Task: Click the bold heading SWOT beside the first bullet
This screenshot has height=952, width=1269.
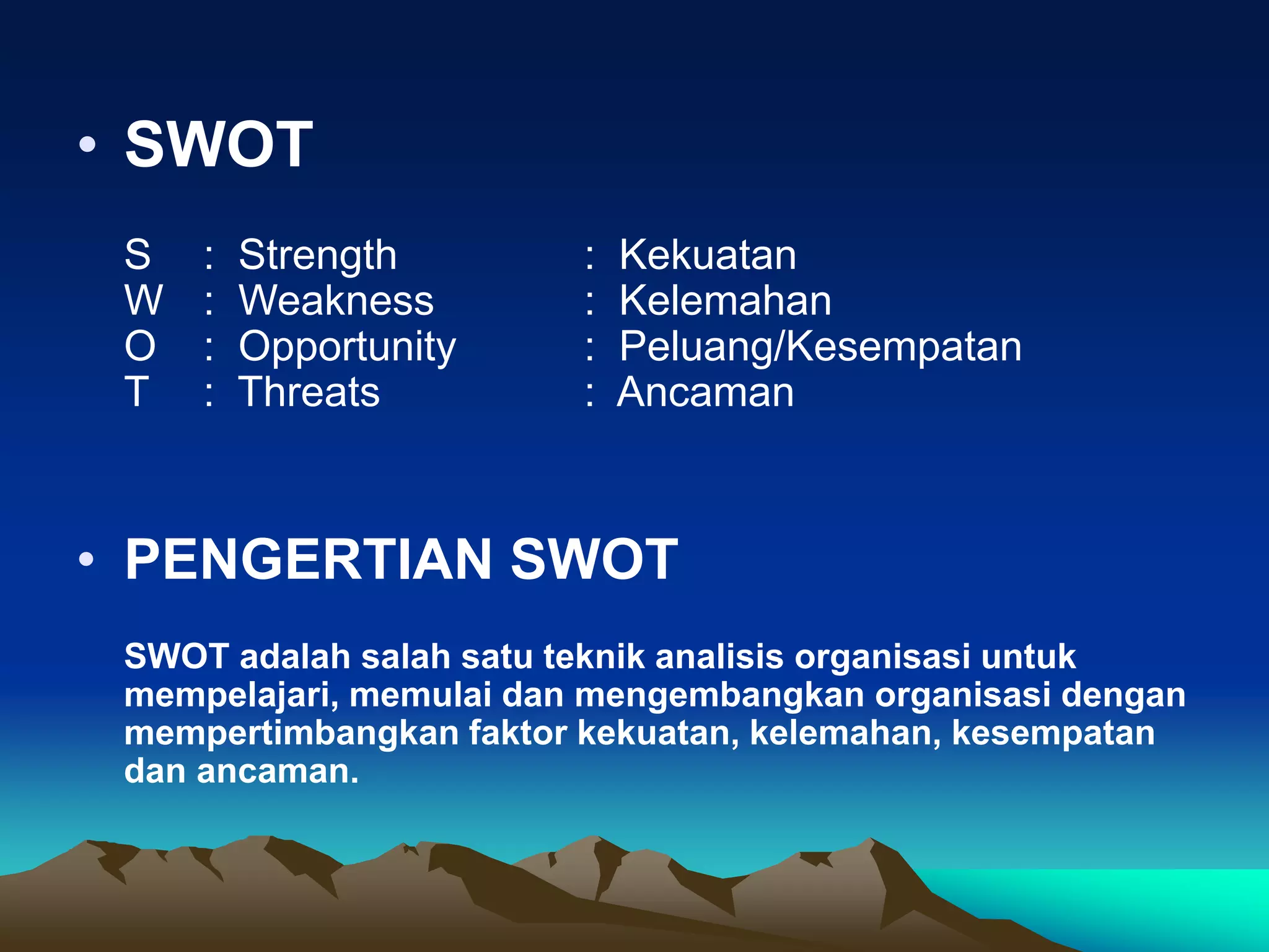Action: (x=218, y=144)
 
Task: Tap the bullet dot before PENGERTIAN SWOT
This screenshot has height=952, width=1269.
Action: (x=87, y=560)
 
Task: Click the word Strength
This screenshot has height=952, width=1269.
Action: (x=317, y=255)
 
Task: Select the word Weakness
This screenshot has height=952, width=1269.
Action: (x=336, y=301)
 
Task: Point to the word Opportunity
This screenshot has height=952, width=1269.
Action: (x=347, y=347)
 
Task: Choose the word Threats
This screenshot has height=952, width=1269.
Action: (x=309, y=392)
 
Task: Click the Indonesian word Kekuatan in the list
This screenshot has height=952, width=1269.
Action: (x=708, y=255)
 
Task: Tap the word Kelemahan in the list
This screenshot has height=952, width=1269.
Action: (x=725, y=301)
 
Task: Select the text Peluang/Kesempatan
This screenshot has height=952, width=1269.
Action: (x=820, y=346)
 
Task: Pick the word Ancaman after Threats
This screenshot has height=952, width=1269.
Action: (x=705, y=392)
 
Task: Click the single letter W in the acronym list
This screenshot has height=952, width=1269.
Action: (x=143, y=301)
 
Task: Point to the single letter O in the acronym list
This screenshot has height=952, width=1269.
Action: (x=139, y=346)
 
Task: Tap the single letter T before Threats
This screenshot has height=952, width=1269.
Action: (x=136, y=392)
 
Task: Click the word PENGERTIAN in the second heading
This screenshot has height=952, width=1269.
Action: (x=308, y=559)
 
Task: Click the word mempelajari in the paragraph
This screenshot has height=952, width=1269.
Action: (x=231, y=695)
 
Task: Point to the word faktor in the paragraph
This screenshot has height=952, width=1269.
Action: (x=517, y=733)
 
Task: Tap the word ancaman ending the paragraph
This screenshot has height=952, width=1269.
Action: (x=277, y=772)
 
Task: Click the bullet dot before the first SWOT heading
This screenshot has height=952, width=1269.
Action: (x=87, y=144)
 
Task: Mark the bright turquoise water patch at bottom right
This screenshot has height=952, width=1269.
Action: (x=1146, y=899)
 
